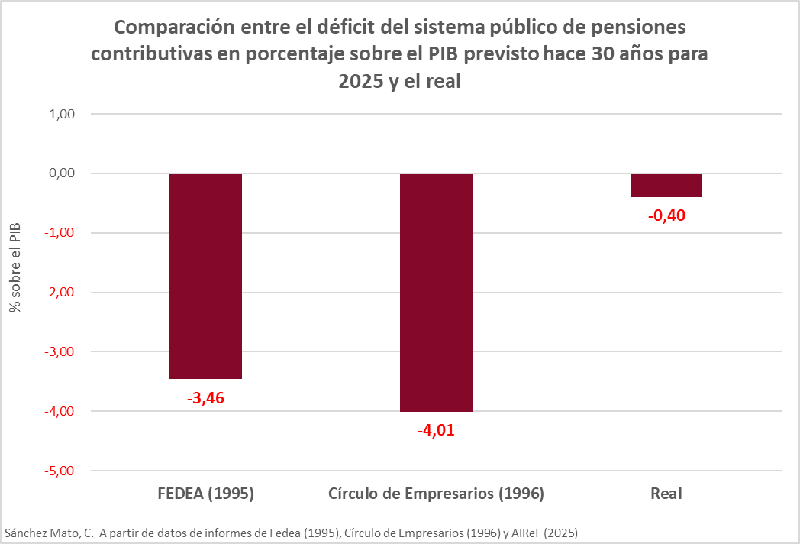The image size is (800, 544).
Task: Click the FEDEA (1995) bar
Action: point(205,276)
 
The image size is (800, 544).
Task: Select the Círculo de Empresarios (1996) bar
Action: point(436,293)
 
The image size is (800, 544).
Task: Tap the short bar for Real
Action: point(666,186)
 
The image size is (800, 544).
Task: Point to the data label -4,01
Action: point(436,430)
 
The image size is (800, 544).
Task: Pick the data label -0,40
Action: point(666,215)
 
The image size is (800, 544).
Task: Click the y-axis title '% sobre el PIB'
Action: point(14,267)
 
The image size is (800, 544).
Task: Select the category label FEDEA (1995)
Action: point(205,494)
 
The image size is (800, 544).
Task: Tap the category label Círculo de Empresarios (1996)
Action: point(436,494)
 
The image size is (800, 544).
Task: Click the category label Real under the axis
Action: point(666,494)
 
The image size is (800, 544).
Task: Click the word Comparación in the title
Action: point(172,28)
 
